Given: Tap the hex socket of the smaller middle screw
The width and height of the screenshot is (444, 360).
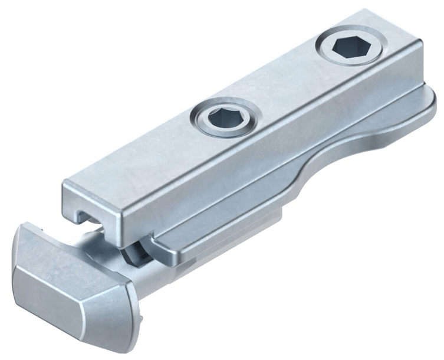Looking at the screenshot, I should pos(226,115).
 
